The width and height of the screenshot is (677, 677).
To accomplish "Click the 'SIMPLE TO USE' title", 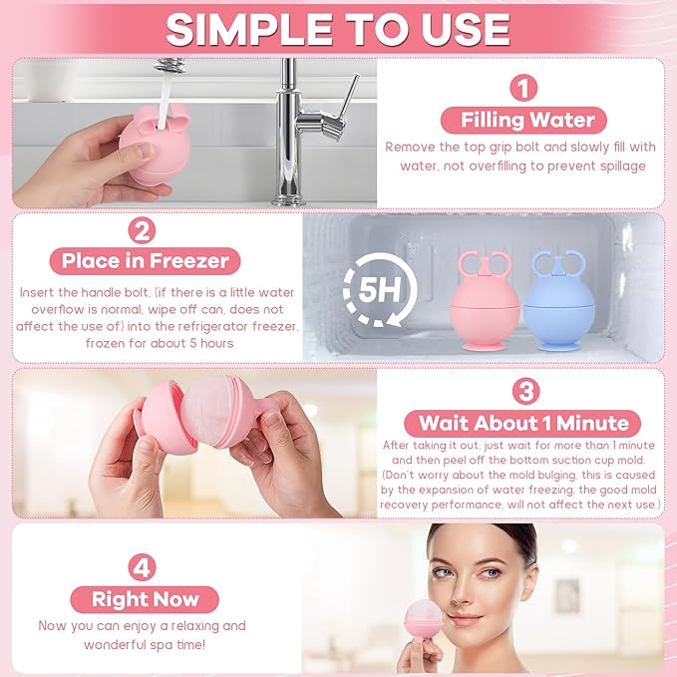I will [x=338, y=29].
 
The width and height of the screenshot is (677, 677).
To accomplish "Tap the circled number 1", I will [x=523, y=88].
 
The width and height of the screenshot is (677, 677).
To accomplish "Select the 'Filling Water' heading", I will [x=527, y=121].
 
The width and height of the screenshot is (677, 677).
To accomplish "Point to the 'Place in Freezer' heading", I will [x=146, y=262].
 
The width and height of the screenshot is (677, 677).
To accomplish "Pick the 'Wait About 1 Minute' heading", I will [x=523, y=422].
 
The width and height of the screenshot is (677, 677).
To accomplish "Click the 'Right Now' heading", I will [x=146, y=599].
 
